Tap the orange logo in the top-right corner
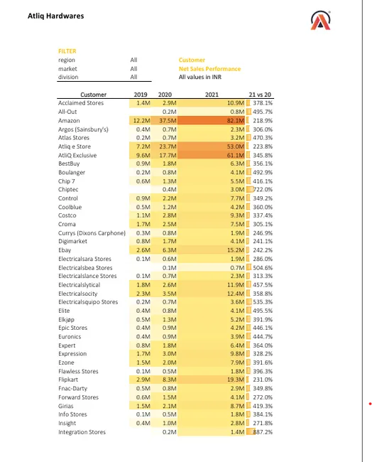(321, 21)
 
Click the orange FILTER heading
(67, 51)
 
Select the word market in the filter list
(67, 69)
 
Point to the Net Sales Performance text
(209, 69)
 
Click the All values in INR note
(200, 77)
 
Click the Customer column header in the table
(93, 95)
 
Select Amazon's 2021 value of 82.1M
(234, 121)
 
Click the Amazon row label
(69, 121)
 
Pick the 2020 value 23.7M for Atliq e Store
(168, 146)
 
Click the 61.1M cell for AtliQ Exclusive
(234, 155)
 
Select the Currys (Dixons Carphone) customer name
(92, 233)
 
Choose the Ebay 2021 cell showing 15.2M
(235, 250)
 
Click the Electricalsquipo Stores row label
(88, 302)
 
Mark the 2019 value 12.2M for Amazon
(141, 121)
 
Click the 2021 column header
(212, 95)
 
